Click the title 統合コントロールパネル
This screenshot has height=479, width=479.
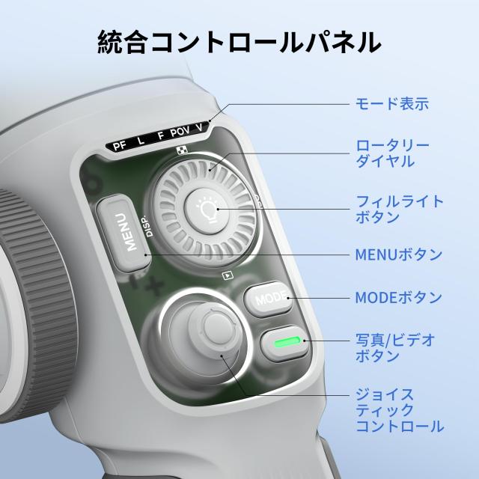point(239,42)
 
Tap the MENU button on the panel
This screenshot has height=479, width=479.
point(123,233)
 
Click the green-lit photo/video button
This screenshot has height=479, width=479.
point(284,343)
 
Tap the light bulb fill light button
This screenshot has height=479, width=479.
point(208,211)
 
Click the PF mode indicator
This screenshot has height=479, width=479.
point(120,146)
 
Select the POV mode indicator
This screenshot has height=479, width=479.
point(180,132)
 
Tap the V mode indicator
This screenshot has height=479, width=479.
point(199,128)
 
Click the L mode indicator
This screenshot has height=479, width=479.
point(141,141)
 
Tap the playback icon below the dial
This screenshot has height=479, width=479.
point(228,276)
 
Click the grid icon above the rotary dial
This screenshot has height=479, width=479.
point(183,150)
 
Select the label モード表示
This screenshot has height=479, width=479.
point(392,103)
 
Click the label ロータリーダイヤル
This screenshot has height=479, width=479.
point(392,153)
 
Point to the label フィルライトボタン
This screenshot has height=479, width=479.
point(399,209)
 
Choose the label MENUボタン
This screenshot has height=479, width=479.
point(398,254)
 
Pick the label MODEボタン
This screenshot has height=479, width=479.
point(398,297)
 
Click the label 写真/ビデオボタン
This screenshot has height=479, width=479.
point(395,347)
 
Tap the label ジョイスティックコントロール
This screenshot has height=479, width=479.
point(400,410)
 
